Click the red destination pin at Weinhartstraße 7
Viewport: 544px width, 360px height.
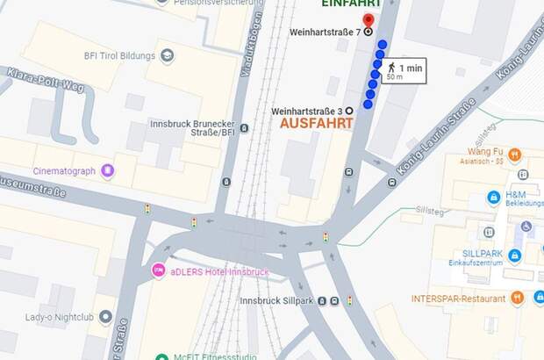coord(368,21)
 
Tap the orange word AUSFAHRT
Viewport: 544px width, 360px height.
coord(316,124)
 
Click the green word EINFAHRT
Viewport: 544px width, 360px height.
coord(351,4)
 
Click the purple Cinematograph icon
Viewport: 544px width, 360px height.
coord(108,170)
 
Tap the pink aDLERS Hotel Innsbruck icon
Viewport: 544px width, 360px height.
coord(158,270)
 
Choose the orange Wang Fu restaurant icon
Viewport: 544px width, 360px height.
coord(515,155)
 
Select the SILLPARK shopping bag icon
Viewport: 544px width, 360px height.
coord(515,256)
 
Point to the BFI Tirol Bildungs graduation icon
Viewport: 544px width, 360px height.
coord(167,55)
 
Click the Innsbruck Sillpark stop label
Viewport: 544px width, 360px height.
coord(276,300)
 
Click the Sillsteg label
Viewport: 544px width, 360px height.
coord(430,212)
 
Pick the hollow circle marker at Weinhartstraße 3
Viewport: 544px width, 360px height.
coord(349,110)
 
